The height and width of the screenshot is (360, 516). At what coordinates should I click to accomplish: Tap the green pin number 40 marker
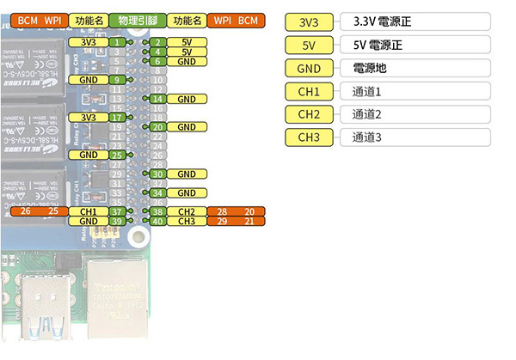[157, 222]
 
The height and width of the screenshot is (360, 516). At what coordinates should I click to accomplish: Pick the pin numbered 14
[157, 99]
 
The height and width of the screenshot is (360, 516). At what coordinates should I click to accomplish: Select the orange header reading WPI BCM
[236, 19]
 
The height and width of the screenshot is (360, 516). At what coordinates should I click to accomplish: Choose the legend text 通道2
[366, 114]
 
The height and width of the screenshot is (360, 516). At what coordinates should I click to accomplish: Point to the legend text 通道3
[366, 137]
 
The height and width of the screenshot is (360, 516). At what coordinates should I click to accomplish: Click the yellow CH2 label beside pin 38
[187, 211]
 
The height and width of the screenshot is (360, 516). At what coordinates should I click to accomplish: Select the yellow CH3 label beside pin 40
[187, 222]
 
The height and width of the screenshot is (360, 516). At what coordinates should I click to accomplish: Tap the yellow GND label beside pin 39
[88, 222]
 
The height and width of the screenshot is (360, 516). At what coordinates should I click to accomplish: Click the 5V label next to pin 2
[187, 41]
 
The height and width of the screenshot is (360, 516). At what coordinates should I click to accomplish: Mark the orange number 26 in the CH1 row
[25, 211]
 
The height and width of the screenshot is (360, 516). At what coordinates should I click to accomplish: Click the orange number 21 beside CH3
[249, 222]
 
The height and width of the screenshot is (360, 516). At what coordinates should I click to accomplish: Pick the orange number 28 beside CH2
[223, 211]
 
